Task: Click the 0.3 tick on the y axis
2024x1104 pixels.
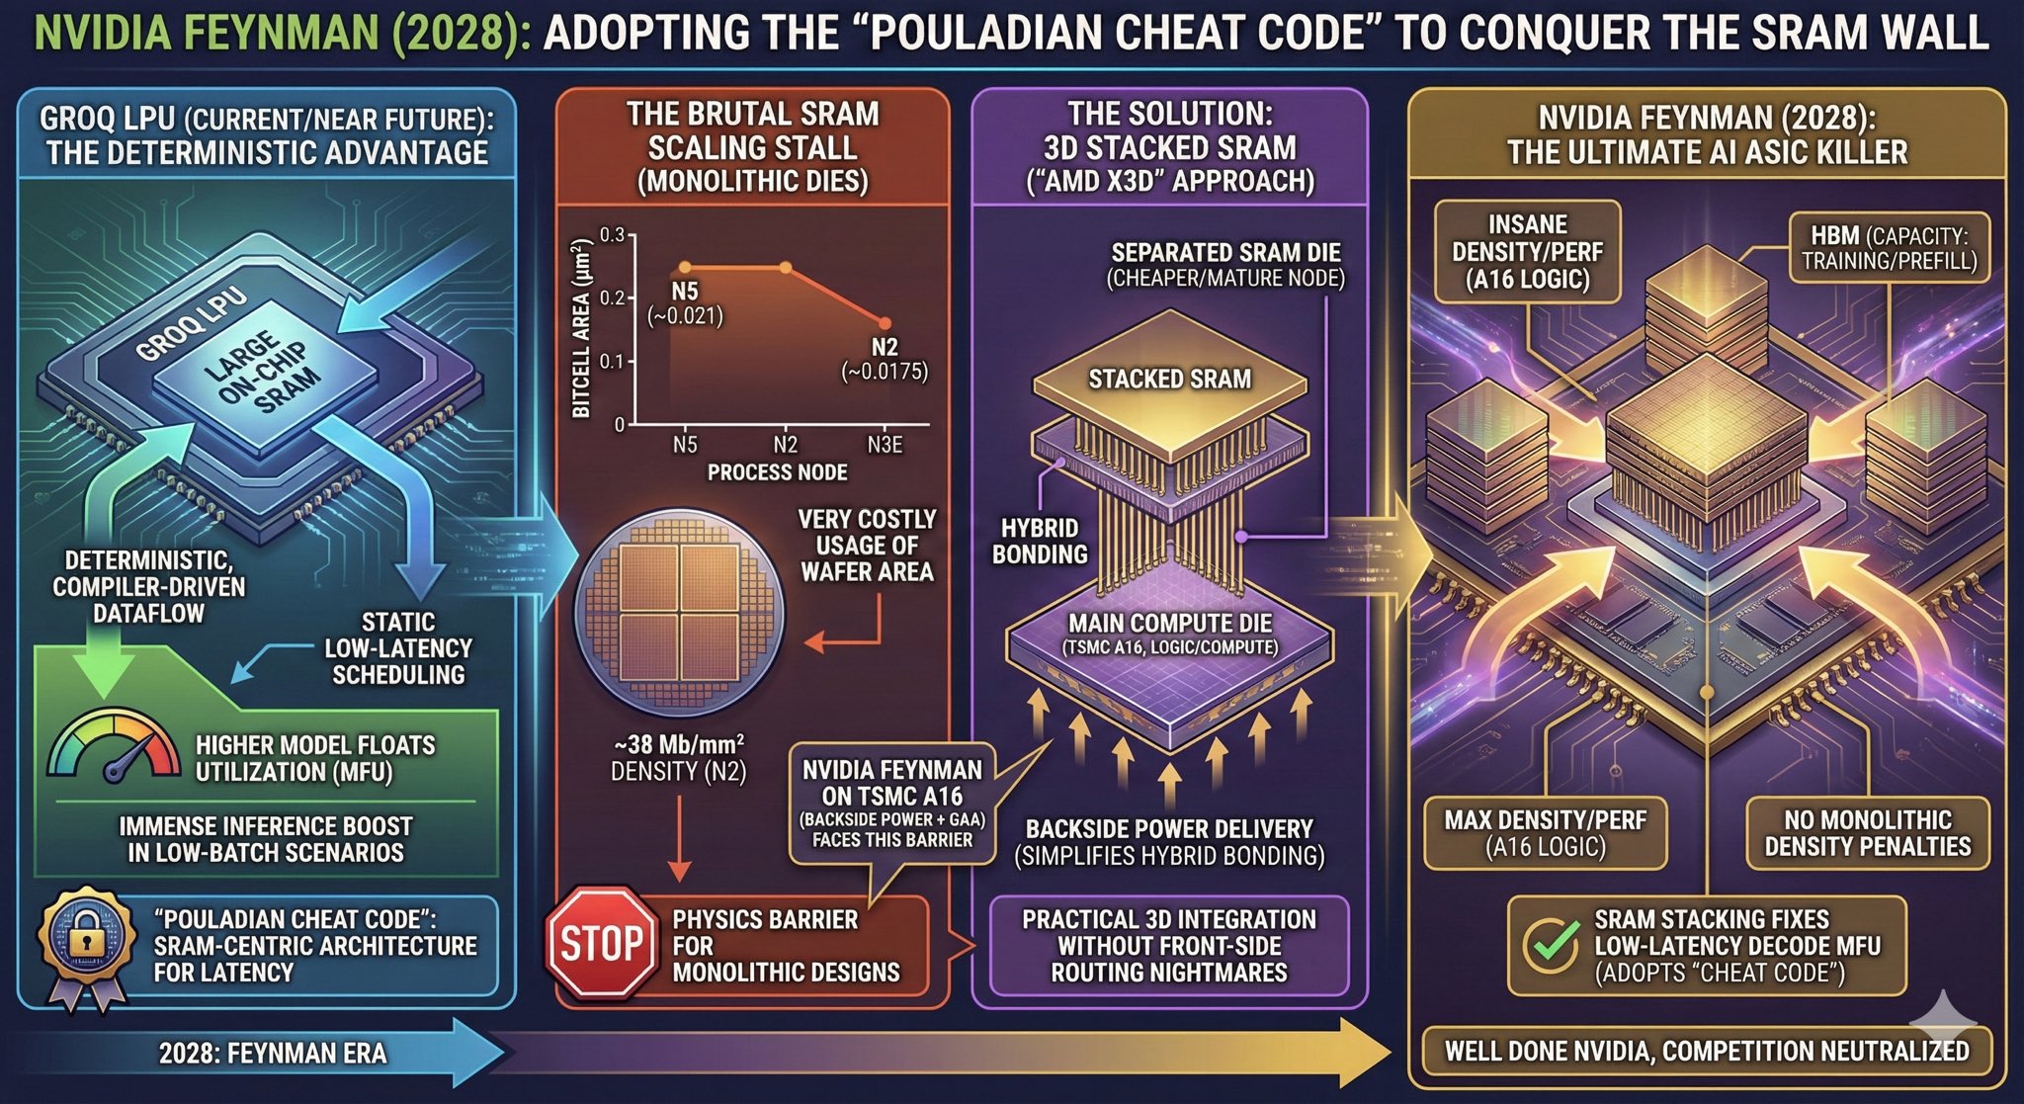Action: pyautogui.click(x=613, y=235)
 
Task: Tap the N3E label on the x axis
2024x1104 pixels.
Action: pyautogui.click(x=885, y=445)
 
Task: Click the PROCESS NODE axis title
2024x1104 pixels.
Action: pyautogui.click(x=777, y=472)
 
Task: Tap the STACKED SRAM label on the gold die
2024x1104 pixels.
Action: pyautogui.click(x=1169, y=380)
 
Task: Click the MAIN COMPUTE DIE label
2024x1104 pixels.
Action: pyautogui.click(x=1170, y=624)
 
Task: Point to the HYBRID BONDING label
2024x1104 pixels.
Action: pyautogui.click(x=1040, y=542)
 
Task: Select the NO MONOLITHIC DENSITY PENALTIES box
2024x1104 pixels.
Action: pyautogui.click(x=1867, y=833)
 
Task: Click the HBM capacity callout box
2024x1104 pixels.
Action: pyautogui.click(x=1889, y=248)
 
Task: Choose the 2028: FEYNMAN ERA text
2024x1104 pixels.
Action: pyautogui.click(x=273, y=1054)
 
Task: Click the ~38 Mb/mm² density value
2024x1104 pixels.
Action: pyautogui.click(x=679, y=744)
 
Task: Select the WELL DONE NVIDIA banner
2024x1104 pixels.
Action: pyautogui.click(x=1707, y=1051)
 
